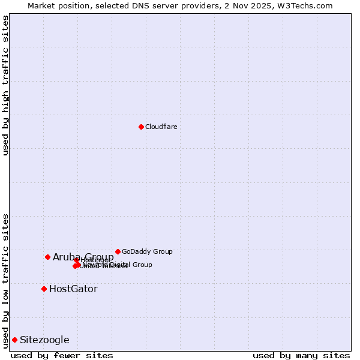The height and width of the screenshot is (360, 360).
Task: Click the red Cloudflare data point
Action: click(x=141, y=127)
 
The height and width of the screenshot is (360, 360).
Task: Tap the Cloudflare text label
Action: click(x=161, y=127)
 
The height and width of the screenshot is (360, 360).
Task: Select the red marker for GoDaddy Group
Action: click(x=118, y=251)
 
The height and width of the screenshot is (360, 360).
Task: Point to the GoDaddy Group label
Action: click(x=147, y=251)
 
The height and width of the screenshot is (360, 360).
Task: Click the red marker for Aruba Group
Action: click(x=47, y=257)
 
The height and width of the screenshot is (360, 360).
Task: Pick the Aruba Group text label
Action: click(x=83, y=257)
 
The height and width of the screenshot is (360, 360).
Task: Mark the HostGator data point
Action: click(x=44, y=289)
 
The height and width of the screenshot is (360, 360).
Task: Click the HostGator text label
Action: click(x=73, y=289)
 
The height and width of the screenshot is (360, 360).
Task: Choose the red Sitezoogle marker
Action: click(x=14, y=340)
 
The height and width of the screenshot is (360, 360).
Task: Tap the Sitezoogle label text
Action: click(x=44, y=340)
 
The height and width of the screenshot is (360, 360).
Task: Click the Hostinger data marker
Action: click(x=76, y=260)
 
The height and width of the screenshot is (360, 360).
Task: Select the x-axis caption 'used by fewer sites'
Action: click(x=62, y=356)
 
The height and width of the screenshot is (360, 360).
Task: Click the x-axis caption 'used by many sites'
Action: click(x=301, y=356)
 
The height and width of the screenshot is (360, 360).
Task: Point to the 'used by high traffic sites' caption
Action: click(x=6, y=85)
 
